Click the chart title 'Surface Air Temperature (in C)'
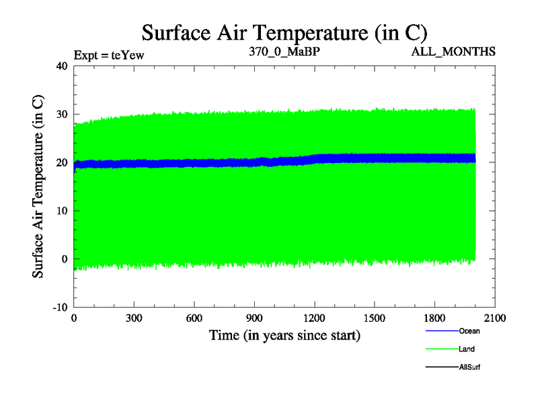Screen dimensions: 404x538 click(284, 33)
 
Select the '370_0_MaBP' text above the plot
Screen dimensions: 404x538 click(284, 51)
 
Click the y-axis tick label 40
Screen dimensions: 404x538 click(62, 66)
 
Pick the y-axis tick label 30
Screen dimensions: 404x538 click(62, 114)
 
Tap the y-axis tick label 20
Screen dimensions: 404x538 click(62, 162)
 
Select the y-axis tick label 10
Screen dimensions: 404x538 click(62, 211)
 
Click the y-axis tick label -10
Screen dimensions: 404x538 click(60, 307)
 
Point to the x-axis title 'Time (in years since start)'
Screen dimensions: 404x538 click(284, 335)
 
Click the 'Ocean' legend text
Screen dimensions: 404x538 click(469, 331)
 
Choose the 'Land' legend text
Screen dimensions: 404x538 click(467, 349)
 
